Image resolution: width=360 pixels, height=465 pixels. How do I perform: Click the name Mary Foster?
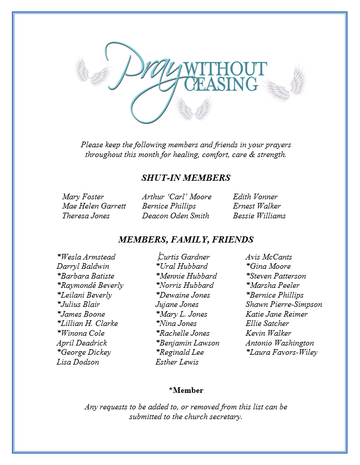(x=83, y=197)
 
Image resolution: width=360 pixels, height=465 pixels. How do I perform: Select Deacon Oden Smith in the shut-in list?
(x=175, y=216)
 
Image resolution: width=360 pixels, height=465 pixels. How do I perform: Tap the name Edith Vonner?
(x=255, y=197)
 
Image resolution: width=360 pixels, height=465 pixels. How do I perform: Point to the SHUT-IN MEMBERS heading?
(x=185, y=178)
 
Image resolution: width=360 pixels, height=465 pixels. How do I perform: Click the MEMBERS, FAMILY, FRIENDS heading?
(x=185, y=239)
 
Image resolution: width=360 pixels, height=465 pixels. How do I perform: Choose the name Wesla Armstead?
(x=87, y=257)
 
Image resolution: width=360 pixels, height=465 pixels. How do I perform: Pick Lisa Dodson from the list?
(x=78, y=362)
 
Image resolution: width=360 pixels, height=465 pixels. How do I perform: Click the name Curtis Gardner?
(x=184, y=257)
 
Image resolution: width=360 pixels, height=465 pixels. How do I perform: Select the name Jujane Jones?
(x=177, y=304)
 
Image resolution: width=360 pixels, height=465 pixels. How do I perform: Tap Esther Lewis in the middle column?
(x=177, y=362)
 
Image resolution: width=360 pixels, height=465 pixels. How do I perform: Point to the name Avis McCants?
(x=268, y=257)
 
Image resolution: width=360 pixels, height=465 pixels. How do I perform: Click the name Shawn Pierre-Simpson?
(x=284, y=304)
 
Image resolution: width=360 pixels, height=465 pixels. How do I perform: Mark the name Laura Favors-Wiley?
(x=282, y=352)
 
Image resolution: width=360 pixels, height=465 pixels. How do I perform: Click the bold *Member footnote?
(x=185, y=390)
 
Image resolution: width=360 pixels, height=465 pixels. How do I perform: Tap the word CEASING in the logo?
(x=221, y=84)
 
